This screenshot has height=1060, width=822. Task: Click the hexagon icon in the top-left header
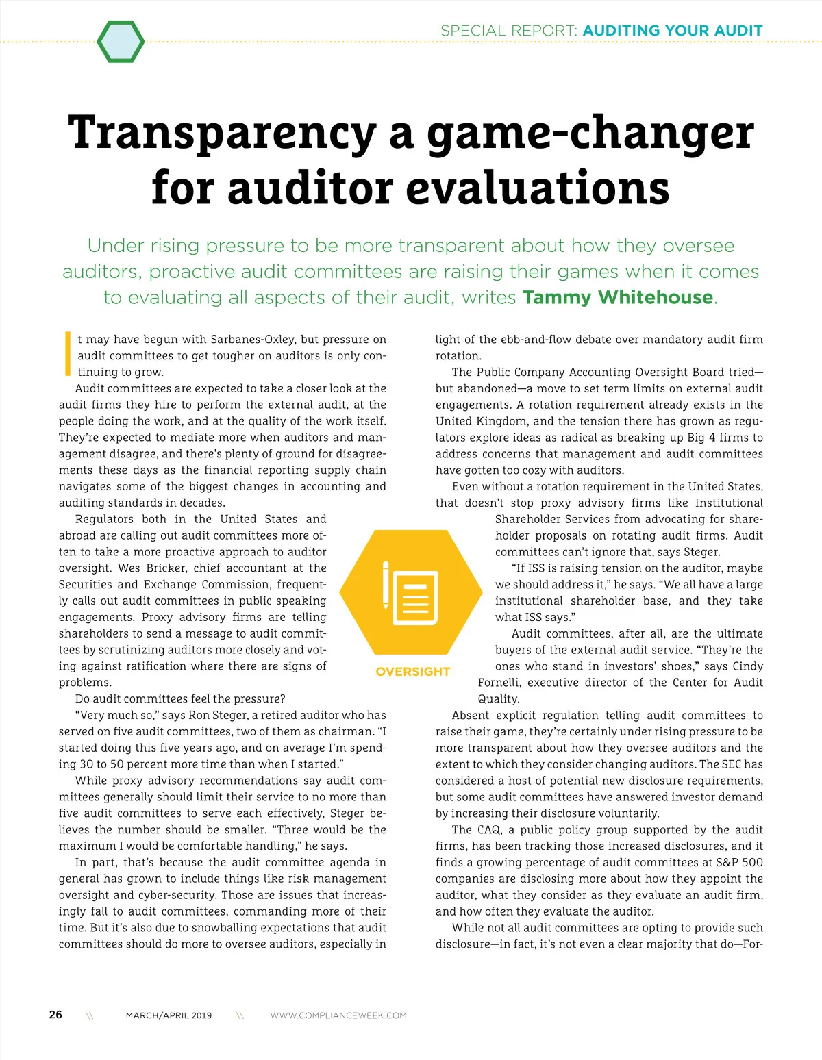(121, 42)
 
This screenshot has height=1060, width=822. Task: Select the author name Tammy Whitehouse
(618, 298)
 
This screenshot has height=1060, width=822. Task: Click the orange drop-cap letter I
(67, 354)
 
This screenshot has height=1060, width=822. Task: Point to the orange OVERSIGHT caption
(412, 672)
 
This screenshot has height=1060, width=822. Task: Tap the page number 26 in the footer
(55, 1015)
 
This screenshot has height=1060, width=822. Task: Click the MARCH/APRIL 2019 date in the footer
(169, 1015)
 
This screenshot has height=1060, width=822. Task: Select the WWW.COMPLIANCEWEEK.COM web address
(338, 1015)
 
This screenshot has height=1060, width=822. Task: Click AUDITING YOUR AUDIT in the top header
(673, 31)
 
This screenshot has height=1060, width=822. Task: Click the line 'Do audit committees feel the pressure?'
(180, 699)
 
